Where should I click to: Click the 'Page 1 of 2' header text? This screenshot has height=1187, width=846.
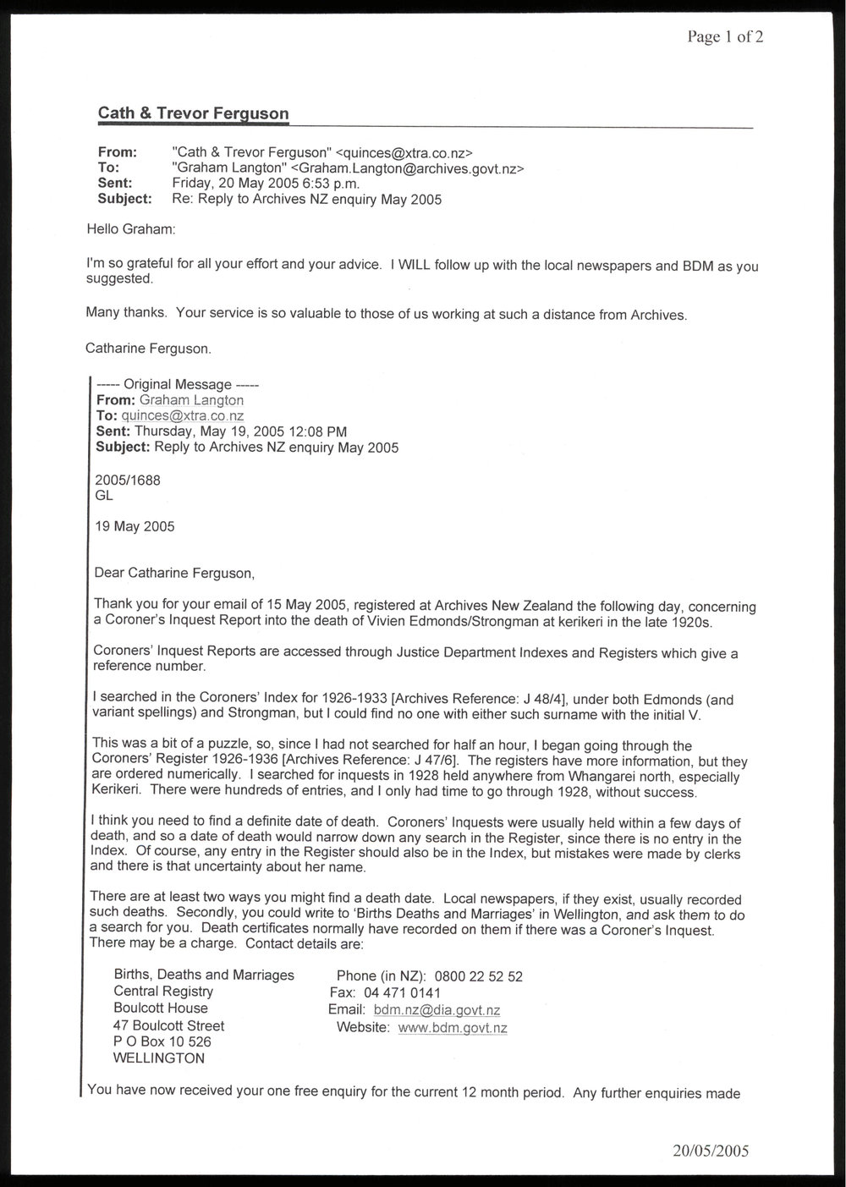pos(725,37)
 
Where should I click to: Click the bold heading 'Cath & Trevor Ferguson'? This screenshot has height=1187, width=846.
pos(194,113)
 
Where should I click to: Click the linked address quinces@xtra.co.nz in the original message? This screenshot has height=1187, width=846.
pos(183,415)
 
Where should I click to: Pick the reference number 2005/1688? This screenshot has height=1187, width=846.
pos(128,480)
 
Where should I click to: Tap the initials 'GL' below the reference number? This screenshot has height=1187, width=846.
pos(104,496)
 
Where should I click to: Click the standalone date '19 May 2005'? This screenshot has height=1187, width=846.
pos(135,526)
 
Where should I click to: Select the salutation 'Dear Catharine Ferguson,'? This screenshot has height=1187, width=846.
pos(174,573)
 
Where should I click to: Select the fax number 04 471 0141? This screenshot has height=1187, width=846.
pos(403,993)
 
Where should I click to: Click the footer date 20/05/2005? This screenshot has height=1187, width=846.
pos(711,1151)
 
